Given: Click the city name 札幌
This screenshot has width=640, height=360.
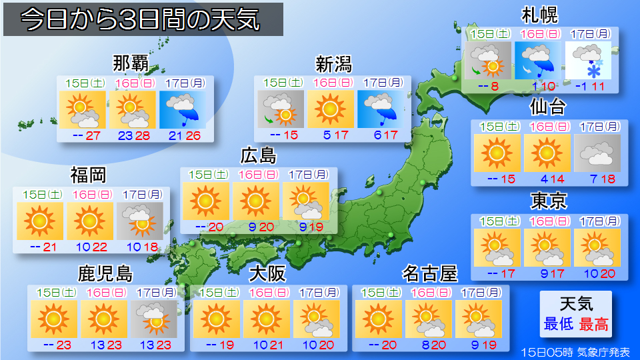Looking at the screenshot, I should click(x=540, y=15).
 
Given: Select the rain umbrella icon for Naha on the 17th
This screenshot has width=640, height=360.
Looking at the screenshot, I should click(x=183, y=109).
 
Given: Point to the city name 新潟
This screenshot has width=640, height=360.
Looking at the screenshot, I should click(x=333, y=64).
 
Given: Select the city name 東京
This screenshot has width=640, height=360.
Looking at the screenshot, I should click(x=549, y=200).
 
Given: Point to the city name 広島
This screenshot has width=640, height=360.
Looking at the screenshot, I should click(x=258, y=156).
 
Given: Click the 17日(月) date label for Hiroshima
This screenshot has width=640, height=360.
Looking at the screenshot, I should click(x=307, y=175).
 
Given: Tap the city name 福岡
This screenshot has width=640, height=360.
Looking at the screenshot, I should click(x=89, y=175).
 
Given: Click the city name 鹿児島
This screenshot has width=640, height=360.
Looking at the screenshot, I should click(x=105, y=274).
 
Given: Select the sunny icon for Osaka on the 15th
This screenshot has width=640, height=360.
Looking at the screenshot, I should click(x=216, y=319).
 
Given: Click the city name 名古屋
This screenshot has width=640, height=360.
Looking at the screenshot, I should click(x=430, y=273).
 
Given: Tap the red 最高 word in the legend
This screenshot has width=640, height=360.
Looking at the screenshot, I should click(x=593, y=324).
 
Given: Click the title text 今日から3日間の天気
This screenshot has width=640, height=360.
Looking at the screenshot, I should click(x=140, y=21).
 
